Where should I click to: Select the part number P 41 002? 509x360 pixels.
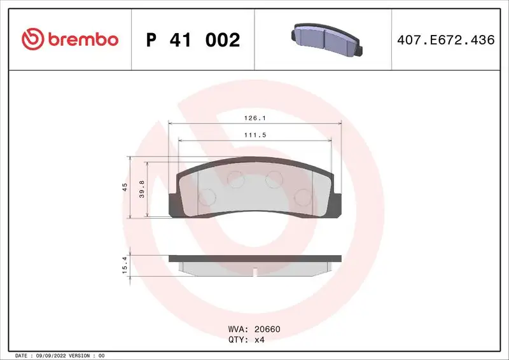(193, 40)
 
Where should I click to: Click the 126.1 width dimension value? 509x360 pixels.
(254, 118)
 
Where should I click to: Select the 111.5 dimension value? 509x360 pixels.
(254, 135)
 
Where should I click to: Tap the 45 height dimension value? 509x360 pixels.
(125, 187)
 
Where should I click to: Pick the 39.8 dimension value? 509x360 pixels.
(142, 189)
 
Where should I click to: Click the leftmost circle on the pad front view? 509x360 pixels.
(207, 198)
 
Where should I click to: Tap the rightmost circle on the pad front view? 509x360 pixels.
(305, 198)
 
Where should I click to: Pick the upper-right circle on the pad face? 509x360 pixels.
(274, 178)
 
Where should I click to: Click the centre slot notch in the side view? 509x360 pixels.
(254, 273)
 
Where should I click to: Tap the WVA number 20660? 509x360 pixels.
(267, 329)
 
